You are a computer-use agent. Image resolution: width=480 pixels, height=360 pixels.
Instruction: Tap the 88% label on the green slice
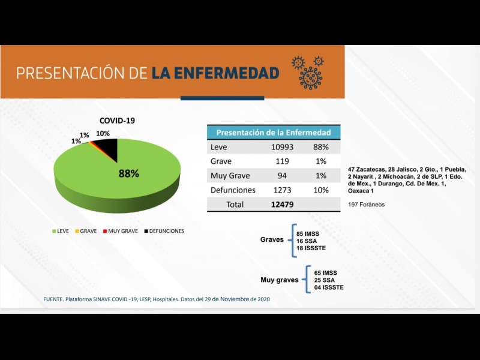128,173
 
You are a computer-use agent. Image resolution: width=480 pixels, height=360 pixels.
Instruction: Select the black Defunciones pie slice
107,148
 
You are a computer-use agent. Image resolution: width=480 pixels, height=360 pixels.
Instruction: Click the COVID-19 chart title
117,120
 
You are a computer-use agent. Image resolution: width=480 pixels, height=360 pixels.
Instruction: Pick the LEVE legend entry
62,231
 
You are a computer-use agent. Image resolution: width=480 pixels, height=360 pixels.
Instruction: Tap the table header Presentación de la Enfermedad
273,132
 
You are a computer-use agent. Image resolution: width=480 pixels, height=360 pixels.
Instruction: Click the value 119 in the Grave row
281,161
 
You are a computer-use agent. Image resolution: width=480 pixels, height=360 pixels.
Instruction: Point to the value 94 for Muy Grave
281,176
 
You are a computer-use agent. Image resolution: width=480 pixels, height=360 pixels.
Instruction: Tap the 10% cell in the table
321,190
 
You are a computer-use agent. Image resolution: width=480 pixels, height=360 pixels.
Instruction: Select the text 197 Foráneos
367,205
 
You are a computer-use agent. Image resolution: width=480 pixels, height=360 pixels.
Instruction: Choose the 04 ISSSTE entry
329,287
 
